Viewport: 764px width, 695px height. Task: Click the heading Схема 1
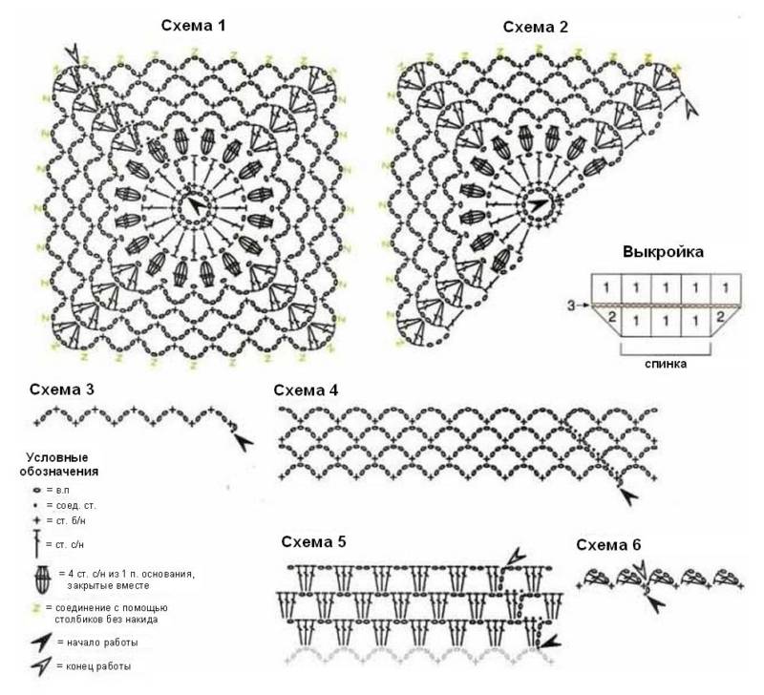coord(194,26)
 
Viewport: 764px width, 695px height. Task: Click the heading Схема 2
coord(536,27)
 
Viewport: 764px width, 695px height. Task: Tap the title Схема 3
coord(62,390)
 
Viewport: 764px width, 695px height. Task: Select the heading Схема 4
coord(306,390)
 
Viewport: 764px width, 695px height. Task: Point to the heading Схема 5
coord(313,541)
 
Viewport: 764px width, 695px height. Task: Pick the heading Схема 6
coord(608,544)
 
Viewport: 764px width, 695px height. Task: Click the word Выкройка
coord(663,252)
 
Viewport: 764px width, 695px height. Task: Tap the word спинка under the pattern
coord(666,364)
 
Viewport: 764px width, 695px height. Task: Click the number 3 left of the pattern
coord(571,305)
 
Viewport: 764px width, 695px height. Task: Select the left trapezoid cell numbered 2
coord(610,319)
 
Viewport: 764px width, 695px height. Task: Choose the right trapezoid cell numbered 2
coord(723,318)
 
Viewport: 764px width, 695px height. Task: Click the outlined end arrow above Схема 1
coord(74,53)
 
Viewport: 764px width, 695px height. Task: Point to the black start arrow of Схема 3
coord(244,442)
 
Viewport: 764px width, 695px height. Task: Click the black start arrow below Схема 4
coord(628,496)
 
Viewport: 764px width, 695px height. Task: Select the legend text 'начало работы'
coord(102,642)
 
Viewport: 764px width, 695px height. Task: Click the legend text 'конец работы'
coord(98,665)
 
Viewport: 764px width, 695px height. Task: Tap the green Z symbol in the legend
coord(35,608)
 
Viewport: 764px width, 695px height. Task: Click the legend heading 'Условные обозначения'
coord(58,464)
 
